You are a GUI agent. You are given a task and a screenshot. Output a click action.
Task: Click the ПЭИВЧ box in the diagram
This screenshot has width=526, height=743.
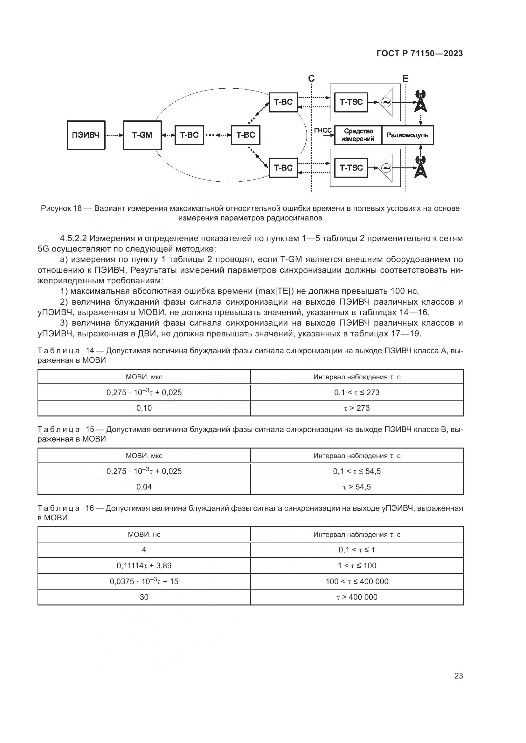click(x=86, y=135)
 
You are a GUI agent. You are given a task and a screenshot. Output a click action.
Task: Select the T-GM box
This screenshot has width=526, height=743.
click(x=142, y=135)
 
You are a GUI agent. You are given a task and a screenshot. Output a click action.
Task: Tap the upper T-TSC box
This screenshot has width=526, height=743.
click(x=351, y=102)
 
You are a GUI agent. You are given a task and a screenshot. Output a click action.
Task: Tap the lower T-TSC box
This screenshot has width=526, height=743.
click(x=351, y=168)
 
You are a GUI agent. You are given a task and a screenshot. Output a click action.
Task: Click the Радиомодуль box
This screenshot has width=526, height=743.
click(x=407, y=135)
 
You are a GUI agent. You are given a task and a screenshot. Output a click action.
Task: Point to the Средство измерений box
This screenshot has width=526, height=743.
click(x=358, y=135)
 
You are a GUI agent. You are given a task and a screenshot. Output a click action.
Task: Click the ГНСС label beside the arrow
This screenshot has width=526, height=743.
click(x=323, y=131)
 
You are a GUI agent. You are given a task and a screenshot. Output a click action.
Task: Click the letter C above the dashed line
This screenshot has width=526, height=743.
click(x=311, y=79)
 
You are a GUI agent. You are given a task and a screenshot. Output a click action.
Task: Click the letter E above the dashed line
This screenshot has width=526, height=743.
click(x=405, y=79)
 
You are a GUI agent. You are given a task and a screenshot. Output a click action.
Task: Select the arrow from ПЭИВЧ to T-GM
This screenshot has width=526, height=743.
click(x=114, y=135)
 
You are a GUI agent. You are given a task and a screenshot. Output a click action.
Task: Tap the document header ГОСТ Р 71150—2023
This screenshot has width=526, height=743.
click(x=420, y=53)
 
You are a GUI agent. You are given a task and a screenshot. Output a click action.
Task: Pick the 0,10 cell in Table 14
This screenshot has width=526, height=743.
click(x=144, y=408)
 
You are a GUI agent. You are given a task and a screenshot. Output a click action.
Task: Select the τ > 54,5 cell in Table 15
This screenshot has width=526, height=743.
click(x=356, y=487)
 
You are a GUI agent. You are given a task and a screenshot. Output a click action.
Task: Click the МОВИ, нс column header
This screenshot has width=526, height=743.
click(x=144, y=535)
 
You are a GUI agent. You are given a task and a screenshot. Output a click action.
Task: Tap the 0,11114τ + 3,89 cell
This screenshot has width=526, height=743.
click(x=144, y=566)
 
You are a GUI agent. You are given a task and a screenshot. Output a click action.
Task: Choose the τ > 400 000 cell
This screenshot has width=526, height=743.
click(x=356, y=597)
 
